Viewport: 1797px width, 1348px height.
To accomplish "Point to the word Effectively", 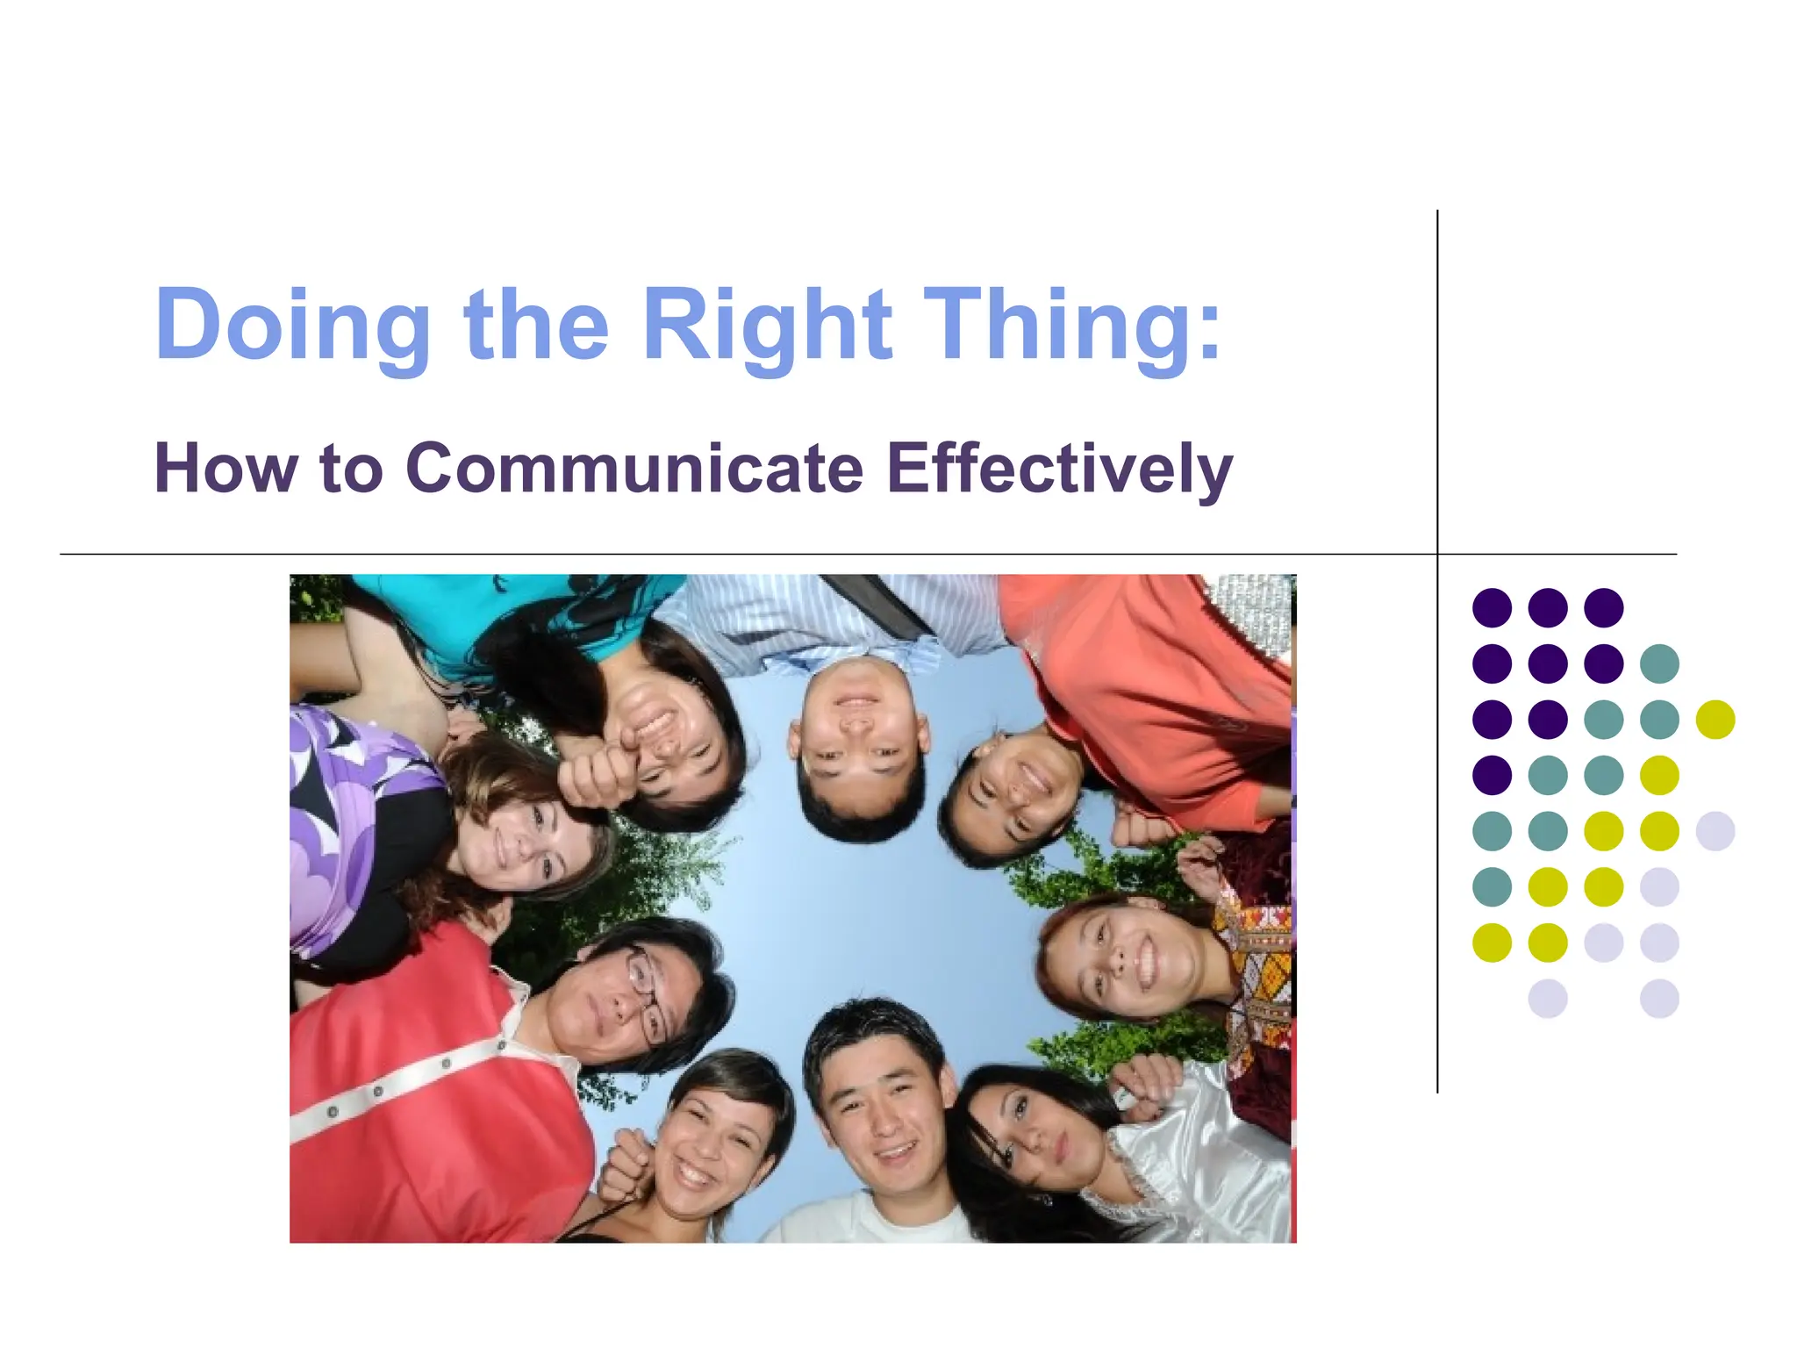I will [x=1059, y=470].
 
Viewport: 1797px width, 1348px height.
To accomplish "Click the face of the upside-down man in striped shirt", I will [x=857, y=728].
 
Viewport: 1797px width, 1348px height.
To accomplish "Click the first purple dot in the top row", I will [x=1492, y=607].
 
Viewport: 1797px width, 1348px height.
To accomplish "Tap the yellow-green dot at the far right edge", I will [x=1715, y=720].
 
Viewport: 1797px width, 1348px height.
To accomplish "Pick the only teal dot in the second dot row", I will [x=1659, y=663].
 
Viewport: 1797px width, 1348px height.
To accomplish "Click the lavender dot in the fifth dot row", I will [x=1715, y=831].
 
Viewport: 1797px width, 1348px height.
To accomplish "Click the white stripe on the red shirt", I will [x=421, y=1084].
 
